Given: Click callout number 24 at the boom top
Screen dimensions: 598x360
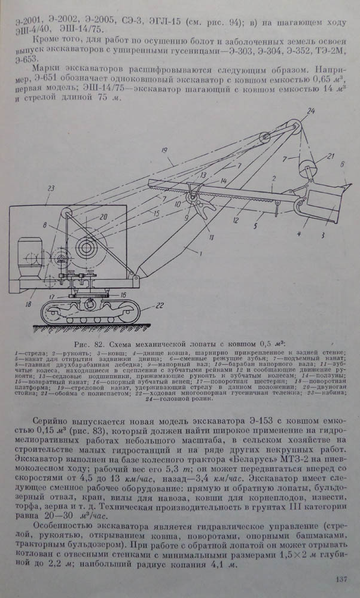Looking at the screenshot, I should pos(310,111).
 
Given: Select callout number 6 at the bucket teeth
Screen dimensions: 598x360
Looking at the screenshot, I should pos(343,163).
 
